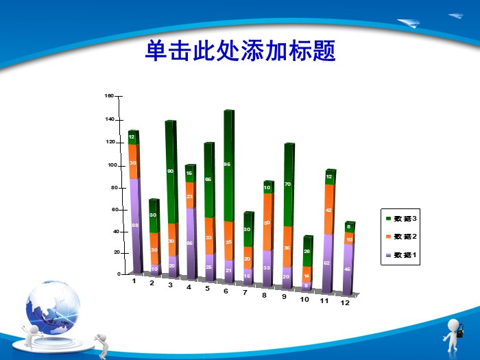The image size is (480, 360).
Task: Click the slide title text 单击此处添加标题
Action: pyautogui.click(x=240, y=51)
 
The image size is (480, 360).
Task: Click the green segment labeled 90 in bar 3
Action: pyautogui.click(x=170, y=171)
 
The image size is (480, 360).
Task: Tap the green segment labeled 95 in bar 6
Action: pyautogui.click(x=228, y=165)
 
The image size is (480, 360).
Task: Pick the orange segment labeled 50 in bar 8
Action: pyautogui.click(x=267, y=222)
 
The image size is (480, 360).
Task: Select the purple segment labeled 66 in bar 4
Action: pyautogui.click(x=190, y=243)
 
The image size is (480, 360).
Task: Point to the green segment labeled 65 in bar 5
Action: pyautogui.click(x=209, y=180)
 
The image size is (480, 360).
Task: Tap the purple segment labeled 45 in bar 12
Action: pyautogui.click(x=348, y=269)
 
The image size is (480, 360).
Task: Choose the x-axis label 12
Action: pyautogui.click(x=345, y=302)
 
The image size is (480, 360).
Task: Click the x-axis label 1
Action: pyautogui.click(x=134, y=281)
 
